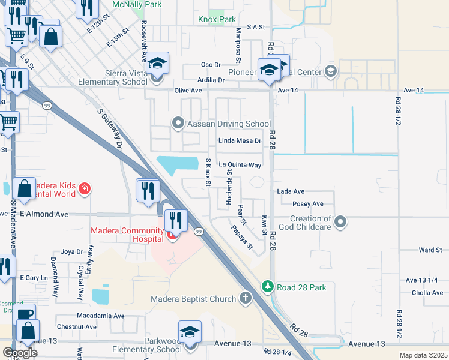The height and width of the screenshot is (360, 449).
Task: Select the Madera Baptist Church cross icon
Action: [245, 298]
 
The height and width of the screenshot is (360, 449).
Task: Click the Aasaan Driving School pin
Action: [178, 124]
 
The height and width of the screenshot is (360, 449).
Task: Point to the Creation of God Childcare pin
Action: [340, 223]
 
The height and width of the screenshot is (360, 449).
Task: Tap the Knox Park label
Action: [217, 19]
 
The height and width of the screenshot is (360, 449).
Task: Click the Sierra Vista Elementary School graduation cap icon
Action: [157, 62]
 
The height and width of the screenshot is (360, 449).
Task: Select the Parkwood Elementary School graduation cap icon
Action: [190, 332]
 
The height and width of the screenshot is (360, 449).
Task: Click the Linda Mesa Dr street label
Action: [240, 141]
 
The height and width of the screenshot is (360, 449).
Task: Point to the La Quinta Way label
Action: [240, 164]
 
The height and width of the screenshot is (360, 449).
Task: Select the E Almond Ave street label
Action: [44, 214]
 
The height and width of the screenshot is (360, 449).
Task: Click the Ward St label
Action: [430, 250]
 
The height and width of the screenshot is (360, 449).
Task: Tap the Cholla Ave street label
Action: [427, 293]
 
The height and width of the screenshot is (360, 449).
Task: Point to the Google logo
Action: [20, 353]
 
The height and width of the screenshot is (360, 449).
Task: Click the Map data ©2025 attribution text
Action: [423, 355]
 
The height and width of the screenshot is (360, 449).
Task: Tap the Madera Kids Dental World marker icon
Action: [85, 190]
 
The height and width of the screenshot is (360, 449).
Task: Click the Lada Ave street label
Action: [291, 191]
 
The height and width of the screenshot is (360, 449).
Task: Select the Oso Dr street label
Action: [211, 64]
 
